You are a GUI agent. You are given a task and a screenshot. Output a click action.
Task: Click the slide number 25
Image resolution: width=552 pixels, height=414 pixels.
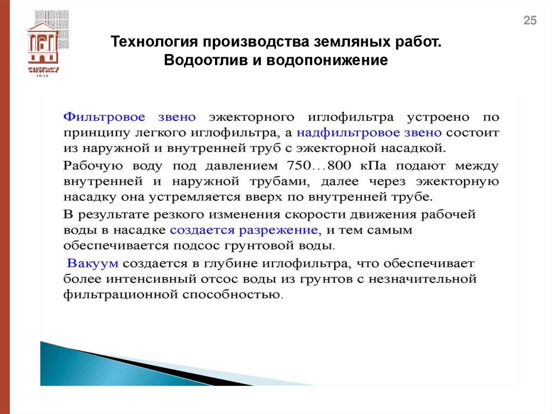click(x=530, y=21)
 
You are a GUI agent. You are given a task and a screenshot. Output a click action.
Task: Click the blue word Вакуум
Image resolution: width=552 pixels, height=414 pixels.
click(x=93, y=264)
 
